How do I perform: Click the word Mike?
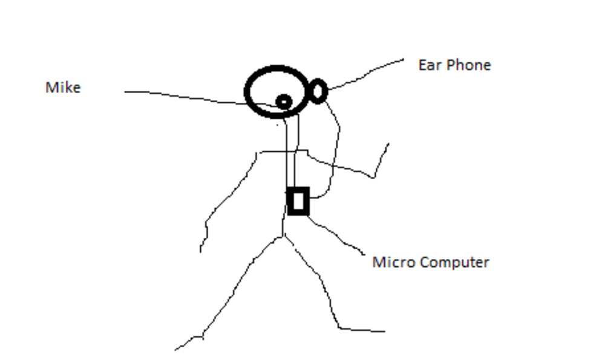coord(63,88)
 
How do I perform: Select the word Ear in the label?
coord(428,65)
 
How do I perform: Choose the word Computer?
coord(454,263)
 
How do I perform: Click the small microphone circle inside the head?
coord(283,102)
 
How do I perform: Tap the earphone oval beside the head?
coord(318,91)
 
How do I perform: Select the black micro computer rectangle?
coord(298,201)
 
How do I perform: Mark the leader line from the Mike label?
coord(181,97)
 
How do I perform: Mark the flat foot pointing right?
coord(363,330)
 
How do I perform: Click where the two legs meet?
coord(283,237)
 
